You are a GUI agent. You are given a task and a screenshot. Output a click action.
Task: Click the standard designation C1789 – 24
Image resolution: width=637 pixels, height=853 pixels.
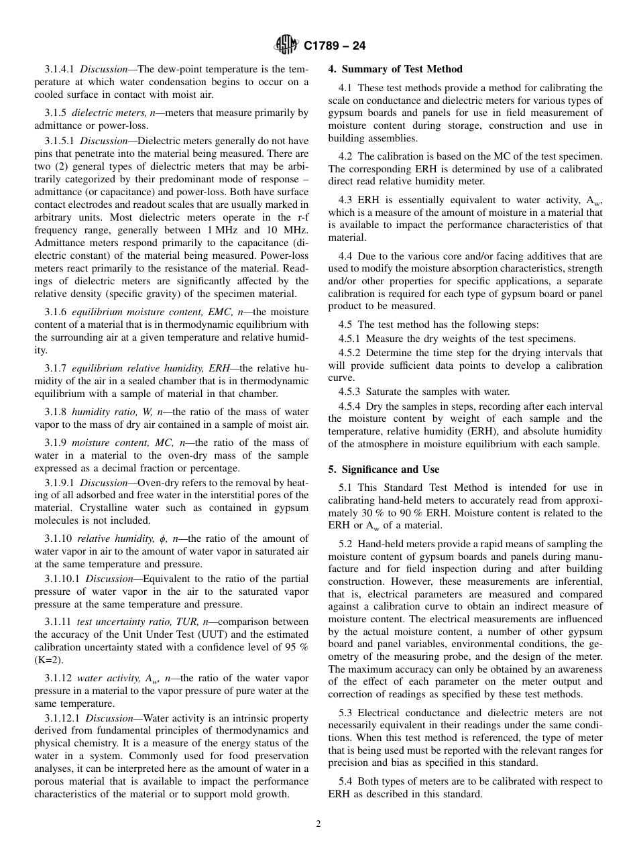click(x=329, y=46)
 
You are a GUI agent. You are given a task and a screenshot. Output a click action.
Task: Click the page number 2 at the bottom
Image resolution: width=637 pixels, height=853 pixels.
click(x=318, y=824)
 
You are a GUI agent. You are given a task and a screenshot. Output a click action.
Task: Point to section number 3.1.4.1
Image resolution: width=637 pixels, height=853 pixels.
click(x=60, y=69)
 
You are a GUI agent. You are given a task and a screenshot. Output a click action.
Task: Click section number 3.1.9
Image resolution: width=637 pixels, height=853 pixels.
click(x=56, y=443)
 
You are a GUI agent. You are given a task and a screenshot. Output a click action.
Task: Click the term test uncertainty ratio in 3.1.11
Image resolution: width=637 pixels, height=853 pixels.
click(x=117, y=622)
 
